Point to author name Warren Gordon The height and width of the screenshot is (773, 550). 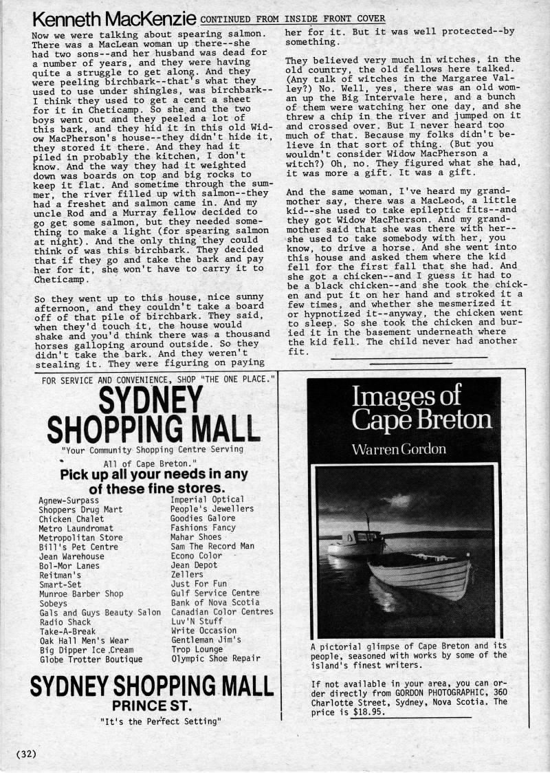(399, 449)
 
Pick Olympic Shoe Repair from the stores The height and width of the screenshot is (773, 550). (215, 658)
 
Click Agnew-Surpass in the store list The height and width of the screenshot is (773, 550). (69, 500)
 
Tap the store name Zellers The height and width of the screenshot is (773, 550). (187, 574)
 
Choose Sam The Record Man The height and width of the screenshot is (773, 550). (212, 546)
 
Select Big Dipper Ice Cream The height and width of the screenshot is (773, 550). (87, 649)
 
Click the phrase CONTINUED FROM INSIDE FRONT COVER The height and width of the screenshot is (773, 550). (293, 19)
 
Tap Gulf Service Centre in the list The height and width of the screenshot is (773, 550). (215, 593)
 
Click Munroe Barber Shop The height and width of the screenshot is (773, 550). (81, 594)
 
